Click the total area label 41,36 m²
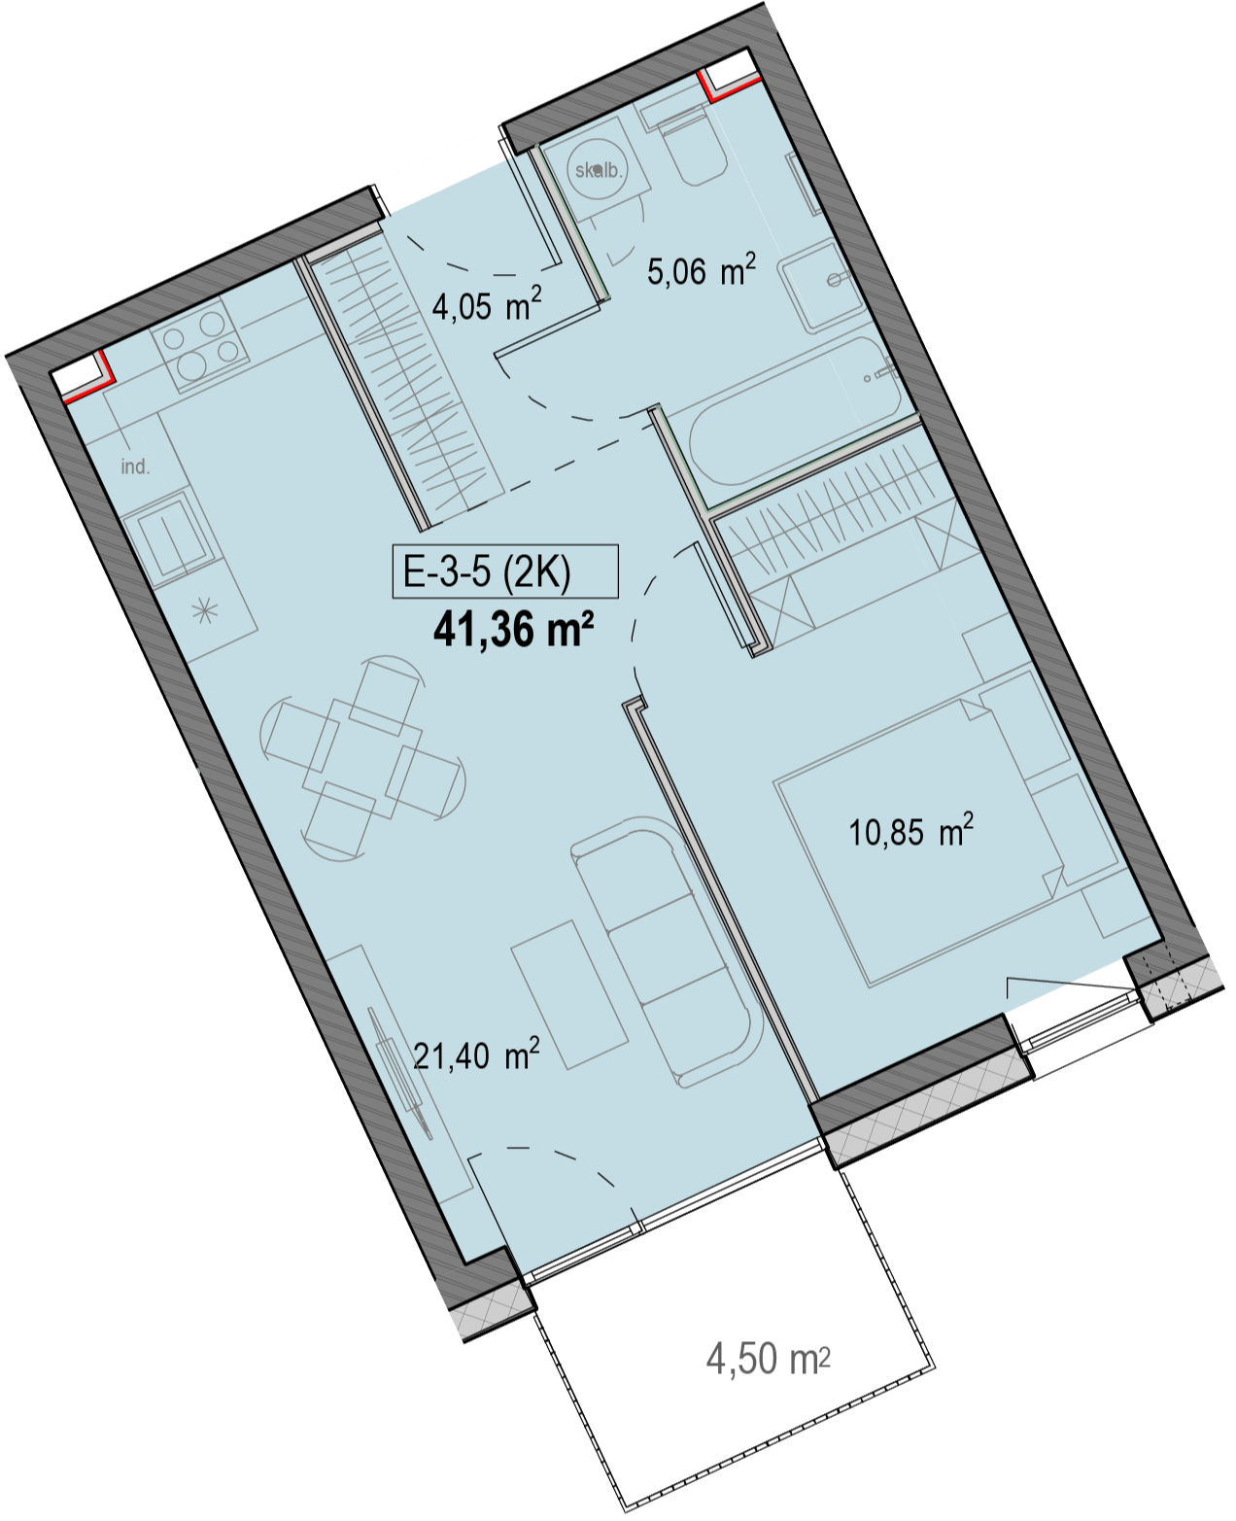pos(513,631)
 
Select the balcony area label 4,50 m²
pos(769,1359)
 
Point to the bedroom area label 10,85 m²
pos(911,831)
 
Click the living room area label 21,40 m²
pos(476,1055)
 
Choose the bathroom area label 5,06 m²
pos(702,270)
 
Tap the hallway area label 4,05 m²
pos(487,305)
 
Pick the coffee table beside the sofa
pos(569,994)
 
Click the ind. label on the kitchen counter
pos(135,467)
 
